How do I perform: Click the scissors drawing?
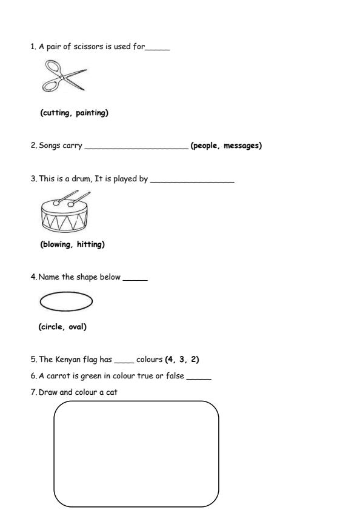63,77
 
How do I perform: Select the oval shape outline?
65,301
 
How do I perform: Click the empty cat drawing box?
136,454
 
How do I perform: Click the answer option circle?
53,327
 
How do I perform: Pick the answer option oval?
77,327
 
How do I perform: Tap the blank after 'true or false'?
199,378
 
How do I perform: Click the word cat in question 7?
112,392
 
